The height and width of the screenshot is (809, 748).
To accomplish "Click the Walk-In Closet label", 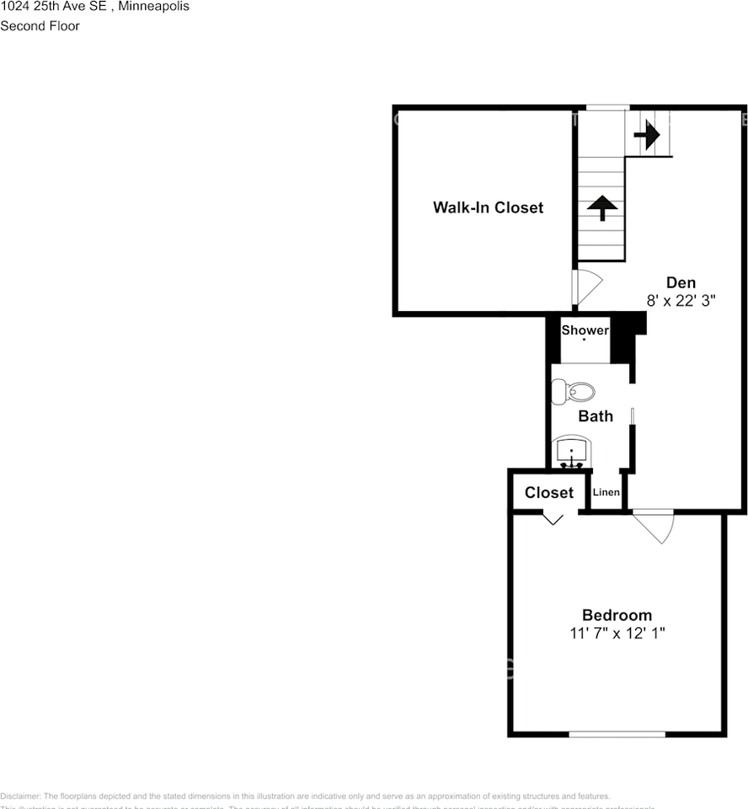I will [488, 207].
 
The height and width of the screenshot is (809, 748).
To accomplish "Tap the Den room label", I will [681, 282].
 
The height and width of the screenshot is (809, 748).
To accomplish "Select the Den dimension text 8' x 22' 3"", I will [681, 301].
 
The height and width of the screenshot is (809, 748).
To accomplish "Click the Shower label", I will [585, 330].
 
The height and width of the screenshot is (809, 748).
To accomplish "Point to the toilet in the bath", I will [574, 391].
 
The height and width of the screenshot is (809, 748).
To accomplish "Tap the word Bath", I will [595, 416].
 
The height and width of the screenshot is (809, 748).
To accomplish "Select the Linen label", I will [606, 493].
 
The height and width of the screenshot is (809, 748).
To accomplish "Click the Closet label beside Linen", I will [548, 493].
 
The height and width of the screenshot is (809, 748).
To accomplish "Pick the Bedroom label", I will [617, 615].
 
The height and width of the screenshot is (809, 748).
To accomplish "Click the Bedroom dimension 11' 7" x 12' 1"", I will [617, 633].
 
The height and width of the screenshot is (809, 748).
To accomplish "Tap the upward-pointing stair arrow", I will [603, 207].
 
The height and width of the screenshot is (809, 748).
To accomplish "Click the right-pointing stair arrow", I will [647, 134].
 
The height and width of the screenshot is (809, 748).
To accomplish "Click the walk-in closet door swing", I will [585, 287].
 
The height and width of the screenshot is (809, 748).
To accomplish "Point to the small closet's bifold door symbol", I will [553, 518].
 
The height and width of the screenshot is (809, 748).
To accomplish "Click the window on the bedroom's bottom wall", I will [617, 735].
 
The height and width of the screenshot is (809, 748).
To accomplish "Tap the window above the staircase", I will [607, 107].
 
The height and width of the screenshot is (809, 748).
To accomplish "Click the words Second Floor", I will [40, 26].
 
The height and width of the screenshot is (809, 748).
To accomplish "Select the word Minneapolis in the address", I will [154, 7].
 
